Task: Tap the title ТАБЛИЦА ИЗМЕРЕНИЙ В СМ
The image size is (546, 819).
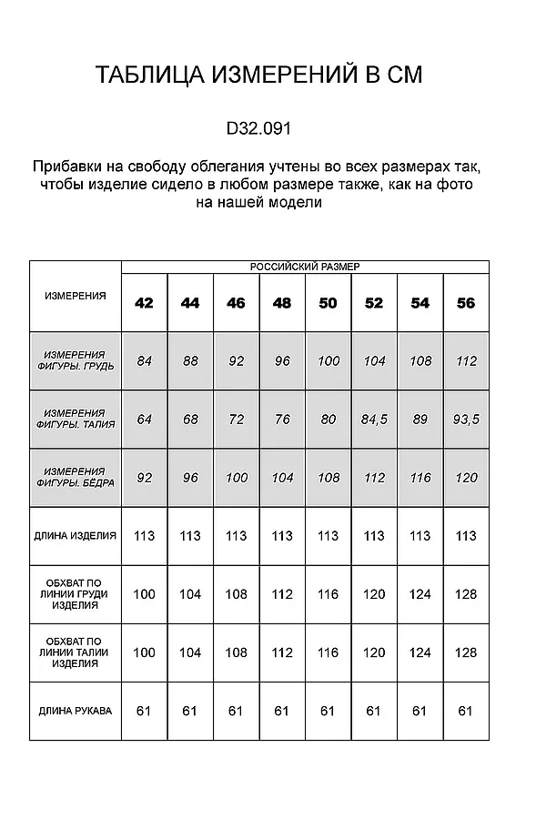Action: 258,76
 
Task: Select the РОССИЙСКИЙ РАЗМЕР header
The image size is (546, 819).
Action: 305,267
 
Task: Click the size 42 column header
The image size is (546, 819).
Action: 144,303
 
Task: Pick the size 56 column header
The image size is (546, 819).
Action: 466,303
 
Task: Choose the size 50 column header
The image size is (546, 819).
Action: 328,303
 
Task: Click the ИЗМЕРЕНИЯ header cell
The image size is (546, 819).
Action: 76,296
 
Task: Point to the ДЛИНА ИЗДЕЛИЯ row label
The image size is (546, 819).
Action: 76,536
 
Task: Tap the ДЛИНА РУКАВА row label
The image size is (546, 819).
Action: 76,711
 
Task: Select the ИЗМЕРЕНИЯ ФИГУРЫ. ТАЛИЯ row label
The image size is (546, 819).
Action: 76,419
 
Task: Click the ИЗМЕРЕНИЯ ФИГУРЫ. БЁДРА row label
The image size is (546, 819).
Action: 76,477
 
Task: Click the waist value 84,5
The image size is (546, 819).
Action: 374,420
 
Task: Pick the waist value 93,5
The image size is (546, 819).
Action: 466,420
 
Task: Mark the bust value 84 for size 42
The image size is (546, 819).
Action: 144,361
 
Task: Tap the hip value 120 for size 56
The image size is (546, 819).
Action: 466,478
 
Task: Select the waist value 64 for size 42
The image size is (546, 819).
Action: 144,420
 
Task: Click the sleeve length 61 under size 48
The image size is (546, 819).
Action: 282,711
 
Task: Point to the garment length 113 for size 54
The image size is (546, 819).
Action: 420,536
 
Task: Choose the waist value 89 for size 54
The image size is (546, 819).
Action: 420,420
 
